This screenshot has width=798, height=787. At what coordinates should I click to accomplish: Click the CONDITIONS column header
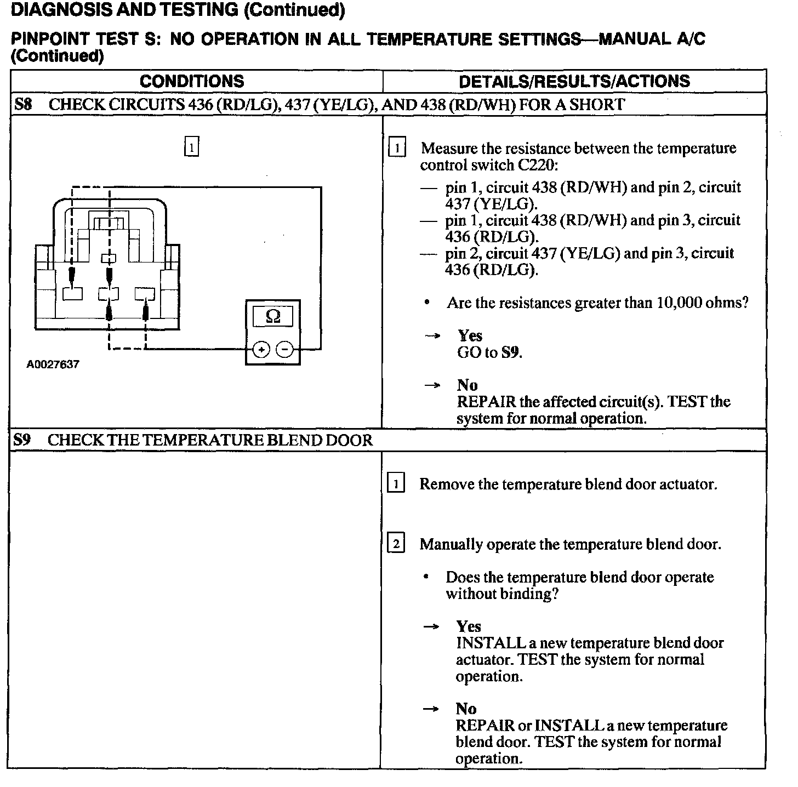pyautogui.click(x=192, y=81)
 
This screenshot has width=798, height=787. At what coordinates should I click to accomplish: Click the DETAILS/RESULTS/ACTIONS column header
pyautogui.click(x=574, y=81)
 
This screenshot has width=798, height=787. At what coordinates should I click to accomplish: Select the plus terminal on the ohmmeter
pyautogui.click(x=261, y=350)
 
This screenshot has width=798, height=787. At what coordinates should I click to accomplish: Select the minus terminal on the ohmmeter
pyautogui.click(x=284, y=350)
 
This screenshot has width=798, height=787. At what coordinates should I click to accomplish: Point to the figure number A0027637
pyautogui.click(x=53, y=364)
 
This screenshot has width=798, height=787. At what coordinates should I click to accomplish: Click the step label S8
pyautogui.click(x=23, y=104)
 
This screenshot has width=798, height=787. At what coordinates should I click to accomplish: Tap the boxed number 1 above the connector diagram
pyautogui.click(x=191, y=147)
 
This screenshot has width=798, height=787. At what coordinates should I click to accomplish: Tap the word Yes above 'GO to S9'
pyautogui.click(x=470, y=335)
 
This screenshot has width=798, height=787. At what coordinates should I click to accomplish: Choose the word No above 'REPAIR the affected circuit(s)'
pyautogui.click(x=467, y=385)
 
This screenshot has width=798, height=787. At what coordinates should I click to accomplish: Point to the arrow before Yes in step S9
pyautogui.click(x=432, y=626)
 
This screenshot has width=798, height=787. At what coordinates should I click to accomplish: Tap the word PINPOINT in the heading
pyautogui.click(x=50, y=39)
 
